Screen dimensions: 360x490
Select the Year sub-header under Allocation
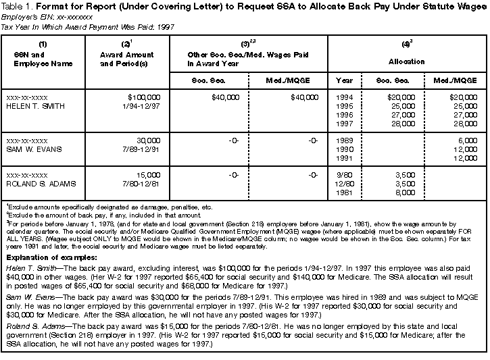(x=344, y=80)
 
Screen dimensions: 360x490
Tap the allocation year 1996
(x=344, y=115)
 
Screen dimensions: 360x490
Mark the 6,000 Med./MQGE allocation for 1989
(x=466, y=140)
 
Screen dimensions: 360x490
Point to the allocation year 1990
(x=344, y=149)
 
